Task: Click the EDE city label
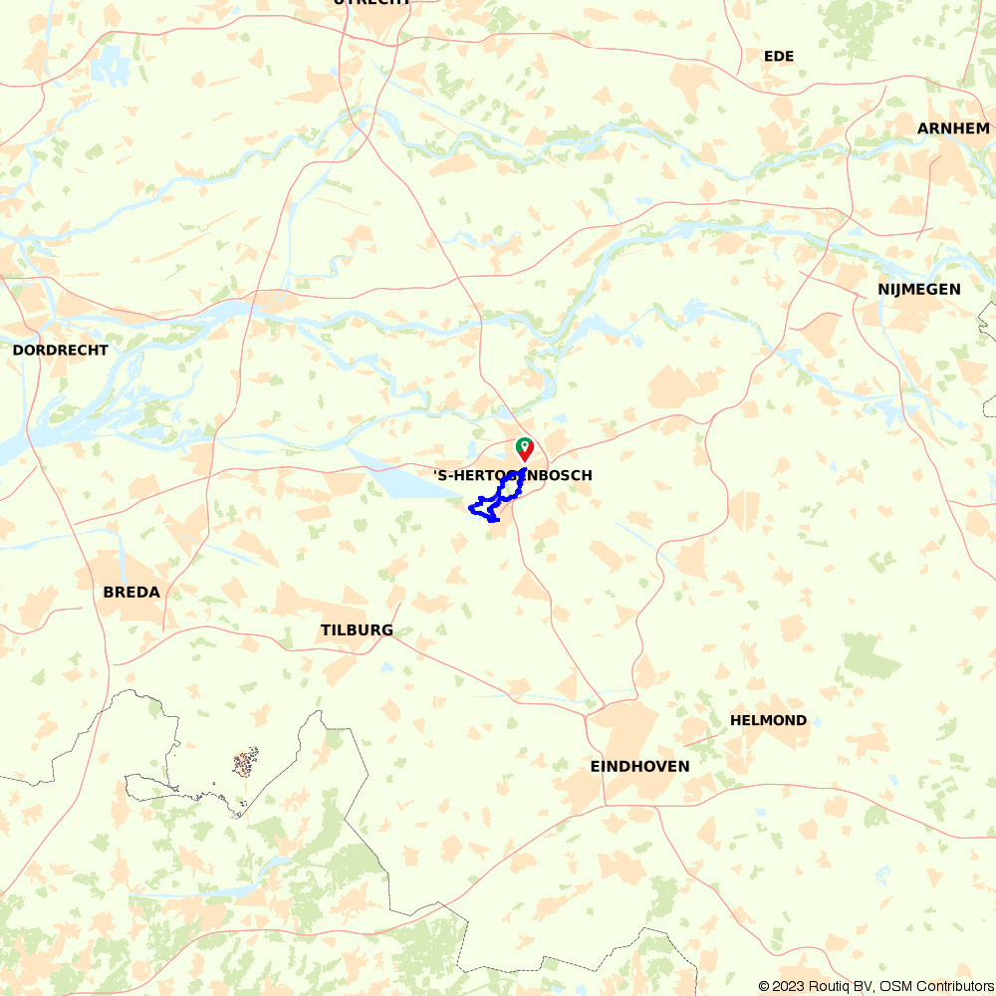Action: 779,56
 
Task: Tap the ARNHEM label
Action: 953,128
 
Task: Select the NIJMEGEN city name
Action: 918,289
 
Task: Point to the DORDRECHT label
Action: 60,351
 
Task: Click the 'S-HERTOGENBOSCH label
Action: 513,476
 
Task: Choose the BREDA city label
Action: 131,592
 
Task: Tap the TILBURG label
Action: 357,630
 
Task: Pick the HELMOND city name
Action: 768,720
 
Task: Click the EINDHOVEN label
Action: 639,766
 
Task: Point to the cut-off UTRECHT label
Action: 372,3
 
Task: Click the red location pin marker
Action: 525,448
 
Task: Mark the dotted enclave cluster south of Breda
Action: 245,764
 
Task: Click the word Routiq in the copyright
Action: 832,986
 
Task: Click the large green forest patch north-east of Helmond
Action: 871,654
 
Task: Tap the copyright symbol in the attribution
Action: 764,986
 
